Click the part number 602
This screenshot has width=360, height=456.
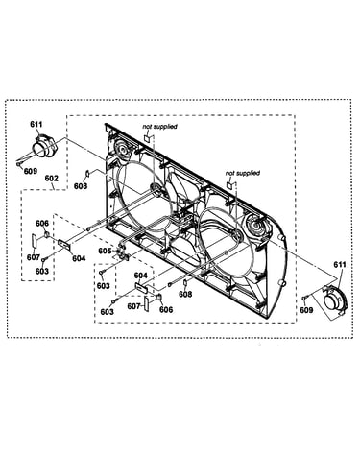pyautogui.click(x=52, y=178)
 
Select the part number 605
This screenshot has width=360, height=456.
pyautogui.click(x=105, y=251)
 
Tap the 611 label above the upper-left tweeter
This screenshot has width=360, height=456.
pyautogui.click(x=36, y=124)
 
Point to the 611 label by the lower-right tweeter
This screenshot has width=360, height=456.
pyautogui.click(x=340, y=264)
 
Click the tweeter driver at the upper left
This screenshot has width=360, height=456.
pyautogui.click(x=44, y=147)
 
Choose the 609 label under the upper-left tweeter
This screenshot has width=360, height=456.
pyautogui.click(x=31, y=171)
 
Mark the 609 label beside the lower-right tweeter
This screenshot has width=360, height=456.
pyautogui.click(x=306, y=309)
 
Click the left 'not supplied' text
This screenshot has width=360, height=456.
pyautogui.click(x=159, y=127)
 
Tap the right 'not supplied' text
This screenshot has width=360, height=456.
pyautogui.click(x=243, y=173)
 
